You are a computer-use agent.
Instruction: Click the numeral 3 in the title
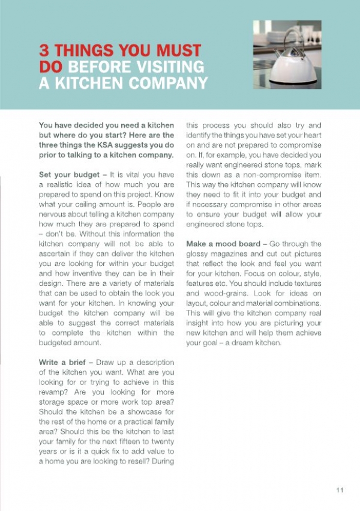pyautogui.click(x=44, y=49)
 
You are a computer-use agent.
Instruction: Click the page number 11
pyautogui.click(x=340, y=490)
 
